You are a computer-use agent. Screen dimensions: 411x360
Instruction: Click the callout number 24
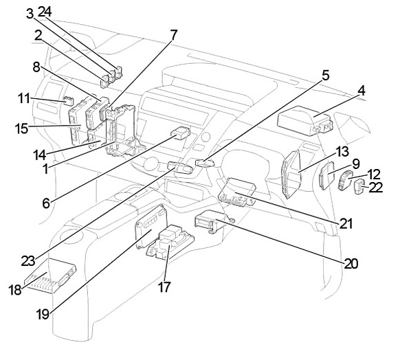point(45,12)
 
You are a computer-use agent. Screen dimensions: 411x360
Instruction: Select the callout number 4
point(362,91)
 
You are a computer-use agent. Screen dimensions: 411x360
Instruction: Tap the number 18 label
point(14,290)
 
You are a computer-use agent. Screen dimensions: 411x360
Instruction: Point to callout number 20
point(351,263)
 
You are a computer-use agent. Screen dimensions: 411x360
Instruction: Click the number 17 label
point(164,287)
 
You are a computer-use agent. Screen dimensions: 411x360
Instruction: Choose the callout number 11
point(24,99)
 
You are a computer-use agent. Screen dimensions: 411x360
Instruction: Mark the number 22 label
point(376,188)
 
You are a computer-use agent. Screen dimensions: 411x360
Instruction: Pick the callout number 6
point(46,203)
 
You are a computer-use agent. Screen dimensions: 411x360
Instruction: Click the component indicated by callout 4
point(305,121)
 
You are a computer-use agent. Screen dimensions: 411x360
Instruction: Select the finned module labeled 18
point(50,275)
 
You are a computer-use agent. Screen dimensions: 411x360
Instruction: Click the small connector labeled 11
point(69,100)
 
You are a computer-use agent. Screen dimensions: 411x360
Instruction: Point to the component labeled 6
point(180,133)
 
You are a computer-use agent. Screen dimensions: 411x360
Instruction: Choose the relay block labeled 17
point(170,242)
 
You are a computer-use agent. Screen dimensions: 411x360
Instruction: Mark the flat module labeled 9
point(327,175)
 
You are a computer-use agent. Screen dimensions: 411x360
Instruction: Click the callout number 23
point(28,261)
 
